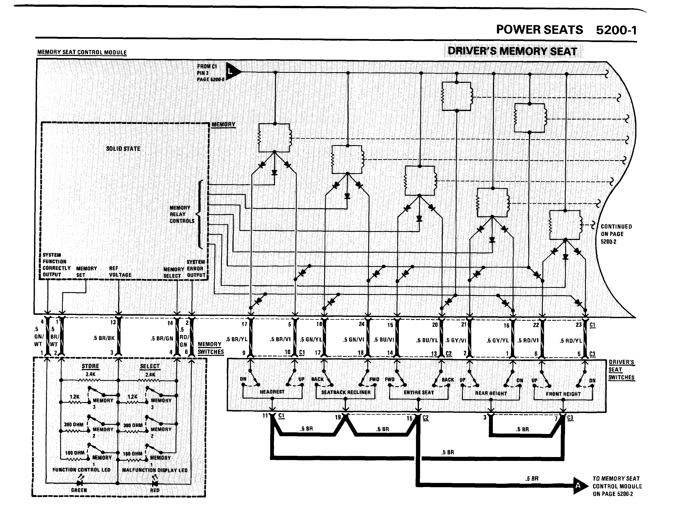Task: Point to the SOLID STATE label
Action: [123, 149]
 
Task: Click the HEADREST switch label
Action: [272, 392]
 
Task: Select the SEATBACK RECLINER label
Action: [346, 393]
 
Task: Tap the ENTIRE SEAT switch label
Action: [419, 393]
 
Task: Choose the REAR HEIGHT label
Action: [491, 393]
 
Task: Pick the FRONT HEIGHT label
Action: [563, 394]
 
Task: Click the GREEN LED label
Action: [79, 490]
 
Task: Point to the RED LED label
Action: [155, 490]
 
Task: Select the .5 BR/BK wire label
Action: [104, 338]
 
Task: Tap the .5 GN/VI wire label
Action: [353, 340]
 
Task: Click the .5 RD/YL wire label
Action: [571, 341]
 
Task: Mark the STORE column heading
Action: [90, 366]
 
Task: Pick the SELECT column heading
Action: [150, 366]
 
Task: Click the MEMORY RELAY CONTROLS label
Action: [182, 214]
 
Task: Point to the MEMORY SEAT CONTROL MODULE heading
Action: [82, 52]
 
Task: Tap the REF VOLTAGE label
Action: [120, 272]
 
